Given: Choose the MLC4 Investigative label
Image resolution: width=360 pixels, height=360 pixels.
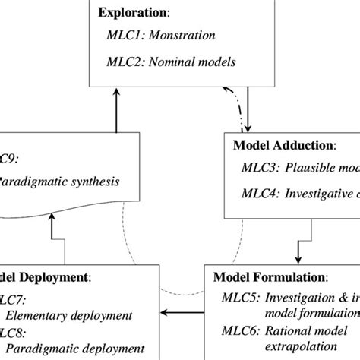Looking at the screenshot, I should tap(304, 194).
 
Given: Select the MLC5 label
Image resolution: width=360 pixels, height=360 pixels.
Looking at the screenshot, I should tap(236, 298).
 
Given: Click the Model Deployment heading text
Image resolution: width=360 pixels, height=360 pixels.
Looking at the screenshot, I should tap(46, 277).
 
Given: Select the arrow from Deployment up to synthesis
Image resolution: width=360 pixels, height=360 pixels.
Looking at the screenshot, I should tap(52, 235).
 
